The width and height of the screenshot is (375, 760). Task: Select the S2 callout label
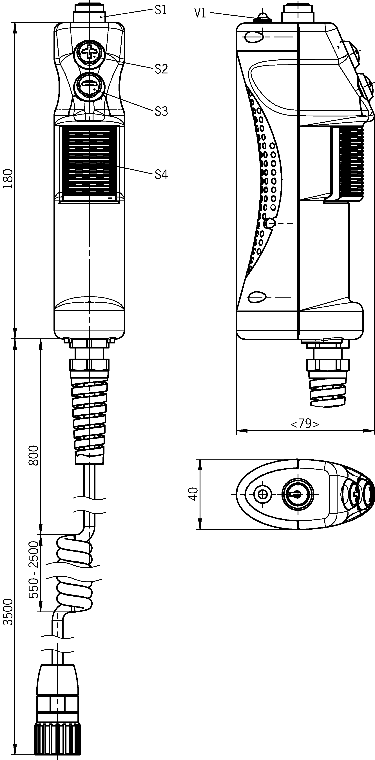(x=161, y=69)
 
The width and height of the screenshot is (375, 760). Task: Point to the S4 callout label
(x=161, y=175)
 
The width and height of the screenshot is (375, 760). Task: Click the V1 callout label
(x=200, y=14)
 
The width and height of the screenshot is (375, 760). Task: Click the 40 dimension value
(x=193, y=494)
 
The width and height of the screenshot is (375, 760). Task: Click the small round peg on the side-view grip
(x=270, y=223)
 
